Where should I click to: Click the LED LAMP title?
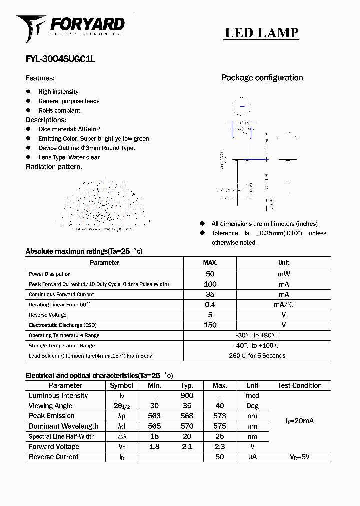pyautogui.click(x=261, y=33)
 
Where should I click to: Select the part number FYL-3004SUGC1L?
pyautogui.click(x=60, y=58)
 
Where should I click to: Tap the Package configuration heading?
pyautogui.click(x=262, y=78)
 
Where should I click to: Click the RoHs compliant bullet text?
pyautogui.click(x=60, y=111)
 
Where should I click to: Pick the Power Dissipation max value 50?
pyautogui.click(x=210, y=274)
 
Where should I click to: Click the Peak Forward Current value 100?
pyautogui.click(x=210, y=284)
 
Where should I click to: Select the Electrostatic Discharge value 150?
pyautogui.click(x=210, y=325)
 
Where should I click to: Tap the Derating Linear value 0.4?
pyautogui.click(x=210, y=305)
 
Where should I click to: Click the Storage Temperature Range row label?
pyautogui.click(x=62, y=346)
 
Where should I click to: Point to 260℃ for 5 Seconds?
pyautogui.click(x=257, y=356)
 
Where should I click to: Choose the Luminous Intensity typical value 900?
pyautogui.click(x=187, y=396)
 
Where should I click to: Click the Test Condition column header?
pyautogui.click(x=299, y=385)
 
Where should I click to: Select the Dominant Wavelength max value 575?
pyautogui.click(x=219, y=426)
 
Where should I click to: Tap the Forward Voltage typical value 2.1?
pyautogui.click(x=187, y=447)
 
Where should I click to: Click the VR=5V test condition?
pyautogui.click(x=299, y=457)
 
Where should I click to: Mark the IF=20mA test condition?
pyautogui.click(x=299, y=421)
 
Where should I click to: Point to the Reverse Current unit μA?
pyautogui.click(x=252, y=457)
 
